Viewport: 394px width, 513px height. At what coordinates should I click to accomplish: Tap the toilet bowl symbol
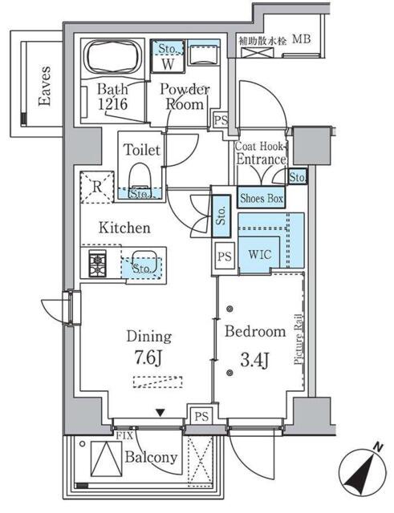(x=140, y=176)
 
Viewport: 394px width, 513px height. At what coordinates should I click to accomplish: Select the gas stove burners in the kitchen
(x=97, y=264)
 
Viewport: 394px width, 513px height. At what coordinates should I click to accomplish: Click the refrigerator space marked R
(x=97, y=187)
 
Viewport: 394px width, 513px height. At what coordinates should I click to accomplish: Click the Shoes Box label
(x=262, y=198)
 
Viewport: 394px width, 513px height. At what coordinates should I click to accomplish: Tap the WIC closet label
(x=260, y=255)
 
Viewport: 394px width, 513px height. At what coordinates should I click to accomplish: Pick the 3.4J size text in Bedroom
(x=255, y=361)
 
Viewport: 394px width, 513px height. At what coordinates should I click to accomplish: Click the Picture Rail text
(x=298, y=339)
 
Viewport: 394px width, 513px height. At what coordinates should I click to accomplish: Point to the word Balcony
(x=151, y=458)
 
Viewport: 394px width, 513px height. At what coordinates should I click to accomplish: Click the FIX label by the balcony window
(x=124, y=435)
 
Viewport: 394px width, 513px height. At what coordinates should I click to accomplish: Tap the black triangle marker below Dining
(x=160, y=413)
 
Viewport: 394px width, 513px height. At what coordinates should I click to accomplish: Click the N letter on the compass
(x=378, y=446)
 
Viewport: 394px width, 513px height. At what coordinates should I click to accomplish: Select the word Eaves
(x=45, y=86)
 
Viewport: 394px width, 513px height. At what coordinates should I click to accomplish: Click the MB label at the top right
(x=302, y=39)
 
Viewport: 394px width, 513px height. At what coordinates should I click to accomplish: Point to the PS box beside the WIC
(x=225, y=256)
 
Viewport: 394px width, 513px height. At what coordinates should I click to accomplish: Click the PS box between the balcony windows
(x=201, y=416)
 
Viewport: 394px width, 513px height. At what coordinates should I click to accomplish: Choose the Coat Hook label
(x=259, y=146)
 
